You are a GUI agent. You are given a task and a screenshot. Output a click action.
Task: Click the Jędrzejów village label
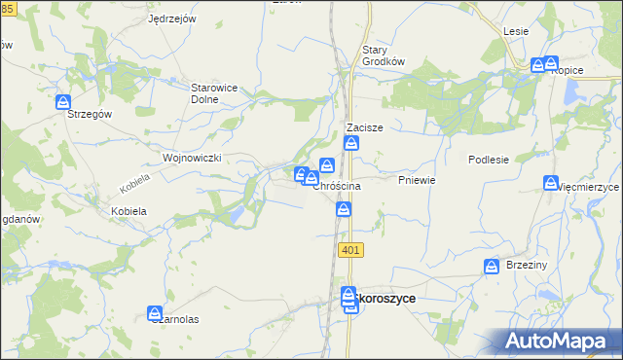point(172,18)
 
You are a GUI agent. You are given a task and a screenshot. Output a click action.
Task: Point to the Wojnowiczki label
point(194,157)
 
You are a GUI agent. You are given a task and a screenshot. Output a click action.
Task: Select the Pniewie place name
point(416,181)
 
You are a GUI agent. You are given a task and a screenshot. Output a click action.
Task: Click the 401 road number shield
point(351,250)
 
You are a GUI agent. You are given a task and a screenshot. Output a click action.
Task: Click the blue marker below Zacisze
point(351,144)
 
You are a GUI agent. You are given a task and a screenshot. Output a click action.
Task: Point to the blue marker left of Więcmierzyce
point(551,184)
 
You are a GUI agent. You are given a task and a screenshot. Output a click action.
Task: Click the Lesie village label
point(516,31)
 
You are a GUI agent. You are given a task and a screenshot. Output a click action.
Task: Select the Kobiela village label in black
point(128,210)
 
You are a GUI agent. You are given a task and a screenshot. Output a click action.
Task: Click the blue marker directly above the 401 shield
point(344,209)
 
